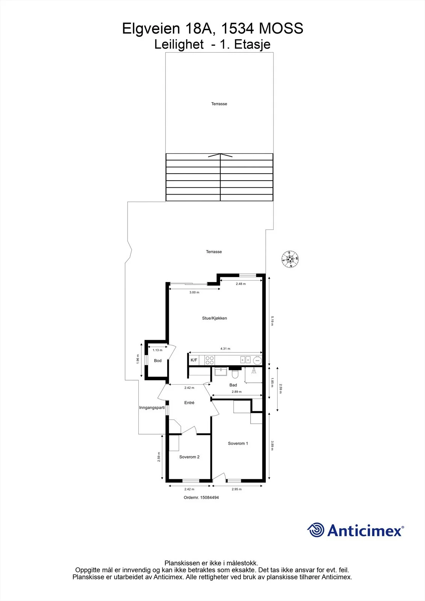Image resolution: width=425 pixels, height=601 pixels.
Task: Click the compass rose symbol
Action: [290, 259]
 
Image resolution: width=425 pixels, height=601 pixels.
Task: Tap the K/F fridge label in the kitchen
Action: [194, 360]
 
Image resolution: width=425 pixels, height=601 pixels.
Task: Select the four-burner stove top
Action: [209, 360]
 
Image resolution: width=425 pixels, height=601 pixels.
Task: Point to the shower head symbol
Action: [253, 371]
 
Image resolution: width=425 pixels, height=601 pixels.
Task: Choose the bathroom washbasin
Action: [220, 371]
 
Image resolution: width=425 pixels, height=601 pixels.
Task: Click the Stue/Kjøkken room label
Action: [215, 318]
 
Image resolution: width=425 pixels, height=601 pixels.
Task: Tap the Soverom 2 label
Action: [189, 457]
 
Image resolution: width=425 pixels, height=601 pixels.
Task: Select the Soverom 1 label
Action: [238, 444]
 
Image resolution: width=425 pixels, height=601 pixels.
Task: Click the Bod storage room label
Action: [157, 361]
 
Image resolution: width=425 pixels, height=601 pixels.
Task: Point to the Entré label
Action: [189, 403]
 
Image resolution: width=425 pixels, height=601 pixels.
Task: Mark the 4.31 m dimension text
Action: [225, 349]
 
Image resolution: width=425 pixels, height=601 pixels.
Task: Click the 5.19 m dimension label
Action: [272, 321]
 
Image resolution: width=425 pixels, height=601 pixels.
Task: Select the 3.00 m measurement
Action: [194, 292]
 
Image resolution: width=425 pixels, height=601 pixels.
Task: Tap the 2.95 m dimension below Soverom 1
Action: [236, 489]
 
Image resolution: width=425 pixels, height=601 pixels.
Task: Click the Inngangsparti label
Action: [152, 408]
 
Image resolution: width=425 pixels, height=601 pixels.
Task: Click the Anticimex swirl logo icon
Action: [316, 530]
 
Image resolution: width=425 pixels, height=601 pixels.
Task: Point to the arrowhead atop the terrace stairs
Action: [220, 156]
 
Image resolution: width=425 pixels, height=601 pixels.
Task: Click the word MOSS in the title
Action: [281, 28]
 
